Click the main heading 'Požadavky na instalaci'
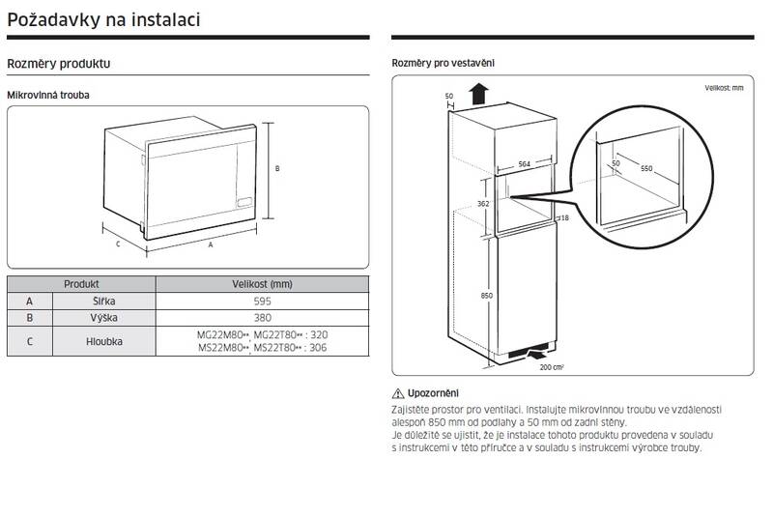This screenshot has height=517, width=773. pyautogui.click(x=103, y=19)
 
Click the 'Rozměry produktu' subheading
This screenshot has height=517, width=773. pyautogui.click(x=59, y=64)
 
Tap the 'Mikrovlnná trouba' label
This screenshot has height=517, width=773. pyautogui.click(x=47, y=95)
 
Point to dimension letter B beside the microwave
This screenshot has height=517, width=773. pyautogui.click(x=277, y=168)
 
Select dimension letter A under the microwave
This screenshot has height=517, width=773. pyautogui.click(x=211, y=244)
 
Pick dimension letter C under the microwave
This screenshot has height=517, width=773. pyautogui.click(x=118, y=244)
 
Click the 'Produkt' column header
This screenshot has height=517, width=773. pyautogui.click(x=81, y=284)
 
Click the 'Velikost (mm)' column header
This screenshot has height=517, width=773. pyautogui.click(x=262, y=284)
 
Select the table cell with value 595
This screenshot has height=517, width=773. pyautogui.click(x=262, y=302)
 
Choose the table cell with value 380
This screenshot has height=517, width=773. pyautogui.click(x=262, y=318)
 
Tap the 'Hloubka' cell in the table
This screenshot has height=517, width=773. pyautogui.click(x=104, y=341)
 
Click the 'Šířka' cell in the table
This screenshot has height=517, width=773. pyautogui.click(x=104, y=302)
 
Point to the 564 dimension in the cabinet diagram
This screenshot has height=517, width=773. pyautogui.click(x=524, y=164)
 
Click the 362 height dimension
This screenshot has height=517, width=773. pyautogui.click(x=483, y=204)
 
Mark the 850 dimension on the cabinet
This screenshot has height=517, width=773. pyautogui.click(x=487, y=296)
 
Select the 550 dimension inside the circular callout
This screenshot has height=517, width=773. pyautogui.click(x=646, y=168)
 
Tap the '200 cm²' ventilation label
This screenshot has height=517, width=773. pyautogui.click(x=552, y=367)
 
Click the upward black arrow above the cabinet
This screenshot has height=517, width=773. pyautogui.click(x=479, y=94)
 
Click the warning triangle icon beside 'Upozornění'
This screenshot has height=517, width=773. pyautogui.click(x=398, y=393)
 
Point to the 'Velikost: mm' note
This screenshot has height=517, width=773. pyautogui.click(x=724, y=88)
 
